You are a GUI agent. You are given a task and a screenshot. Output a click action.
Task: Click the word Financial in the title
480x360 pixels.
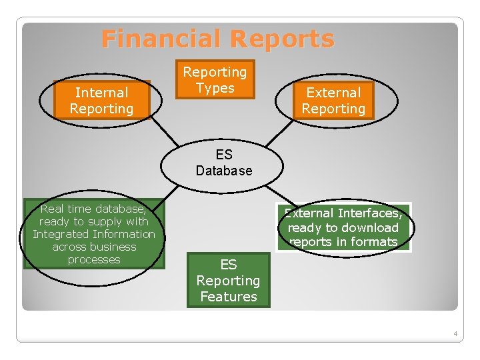[157, 39]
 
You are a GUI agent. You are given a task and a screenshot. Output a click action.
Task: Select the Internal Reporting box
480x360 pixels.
[101, 101]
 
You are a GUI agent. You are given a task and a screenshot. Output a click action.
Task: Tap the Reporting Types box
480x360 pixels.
[215, 80]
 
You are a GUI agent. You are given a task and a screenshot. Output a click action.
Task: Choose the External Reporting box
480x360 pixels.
[333, 101]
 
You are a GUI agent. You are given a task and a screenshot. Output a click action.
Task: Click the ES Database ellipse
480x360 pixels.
[224, 162]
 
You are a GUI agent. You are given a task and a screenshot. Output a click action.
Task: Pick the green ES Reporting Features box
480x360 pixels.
[228, 280]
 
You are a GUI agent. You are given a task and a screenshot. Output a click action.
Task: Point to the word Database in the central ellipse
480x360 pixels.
[224, 171]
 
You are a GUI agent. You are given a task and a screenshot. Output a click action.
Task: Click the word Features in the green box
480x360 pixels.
[228, 297]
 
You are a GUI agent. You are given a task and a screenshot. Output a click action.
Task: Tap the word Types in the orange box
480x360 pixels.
[215, 88]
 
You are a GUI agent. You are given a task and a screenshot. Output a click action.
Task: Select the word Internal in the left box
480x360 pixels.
[101, 93]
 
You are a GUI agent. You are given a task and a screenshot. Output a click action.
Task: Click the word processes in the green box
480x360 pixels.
[94, 259]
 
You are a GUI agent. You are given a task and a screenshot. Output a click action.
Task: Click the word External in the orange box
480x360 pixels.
[333, 93]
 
